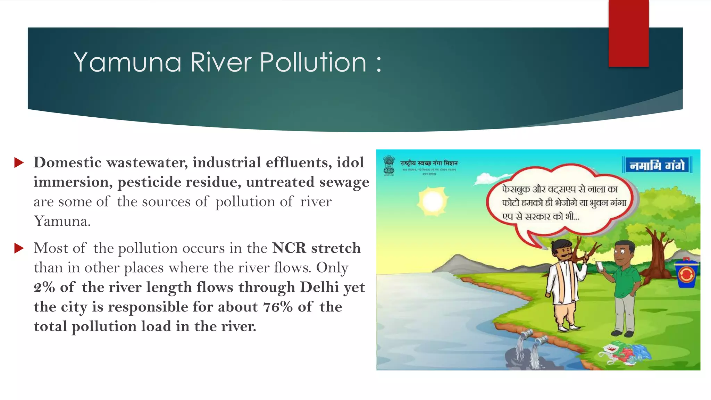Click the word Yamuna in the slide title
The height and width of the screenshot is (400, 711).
127,62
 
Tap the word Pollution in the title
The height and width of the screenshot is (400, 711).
313,62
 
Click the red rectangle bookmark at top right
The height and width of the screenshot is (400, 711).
628,33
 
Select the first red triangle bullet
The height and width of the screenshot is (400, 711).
19,162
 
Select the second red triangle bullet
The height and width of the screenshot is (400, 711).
19,248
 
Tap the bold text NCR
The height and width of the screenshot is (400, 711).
289,248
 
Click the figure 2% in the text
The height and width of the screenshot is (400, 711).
44,287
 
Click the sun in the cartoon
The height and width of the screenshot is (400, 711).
432,201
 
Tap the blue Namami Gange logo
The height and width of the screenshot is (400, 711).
657,165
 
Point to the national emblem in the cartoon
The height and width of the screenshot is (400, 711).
389,165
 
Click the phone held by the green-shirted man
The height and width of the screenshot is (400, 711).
600,266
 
